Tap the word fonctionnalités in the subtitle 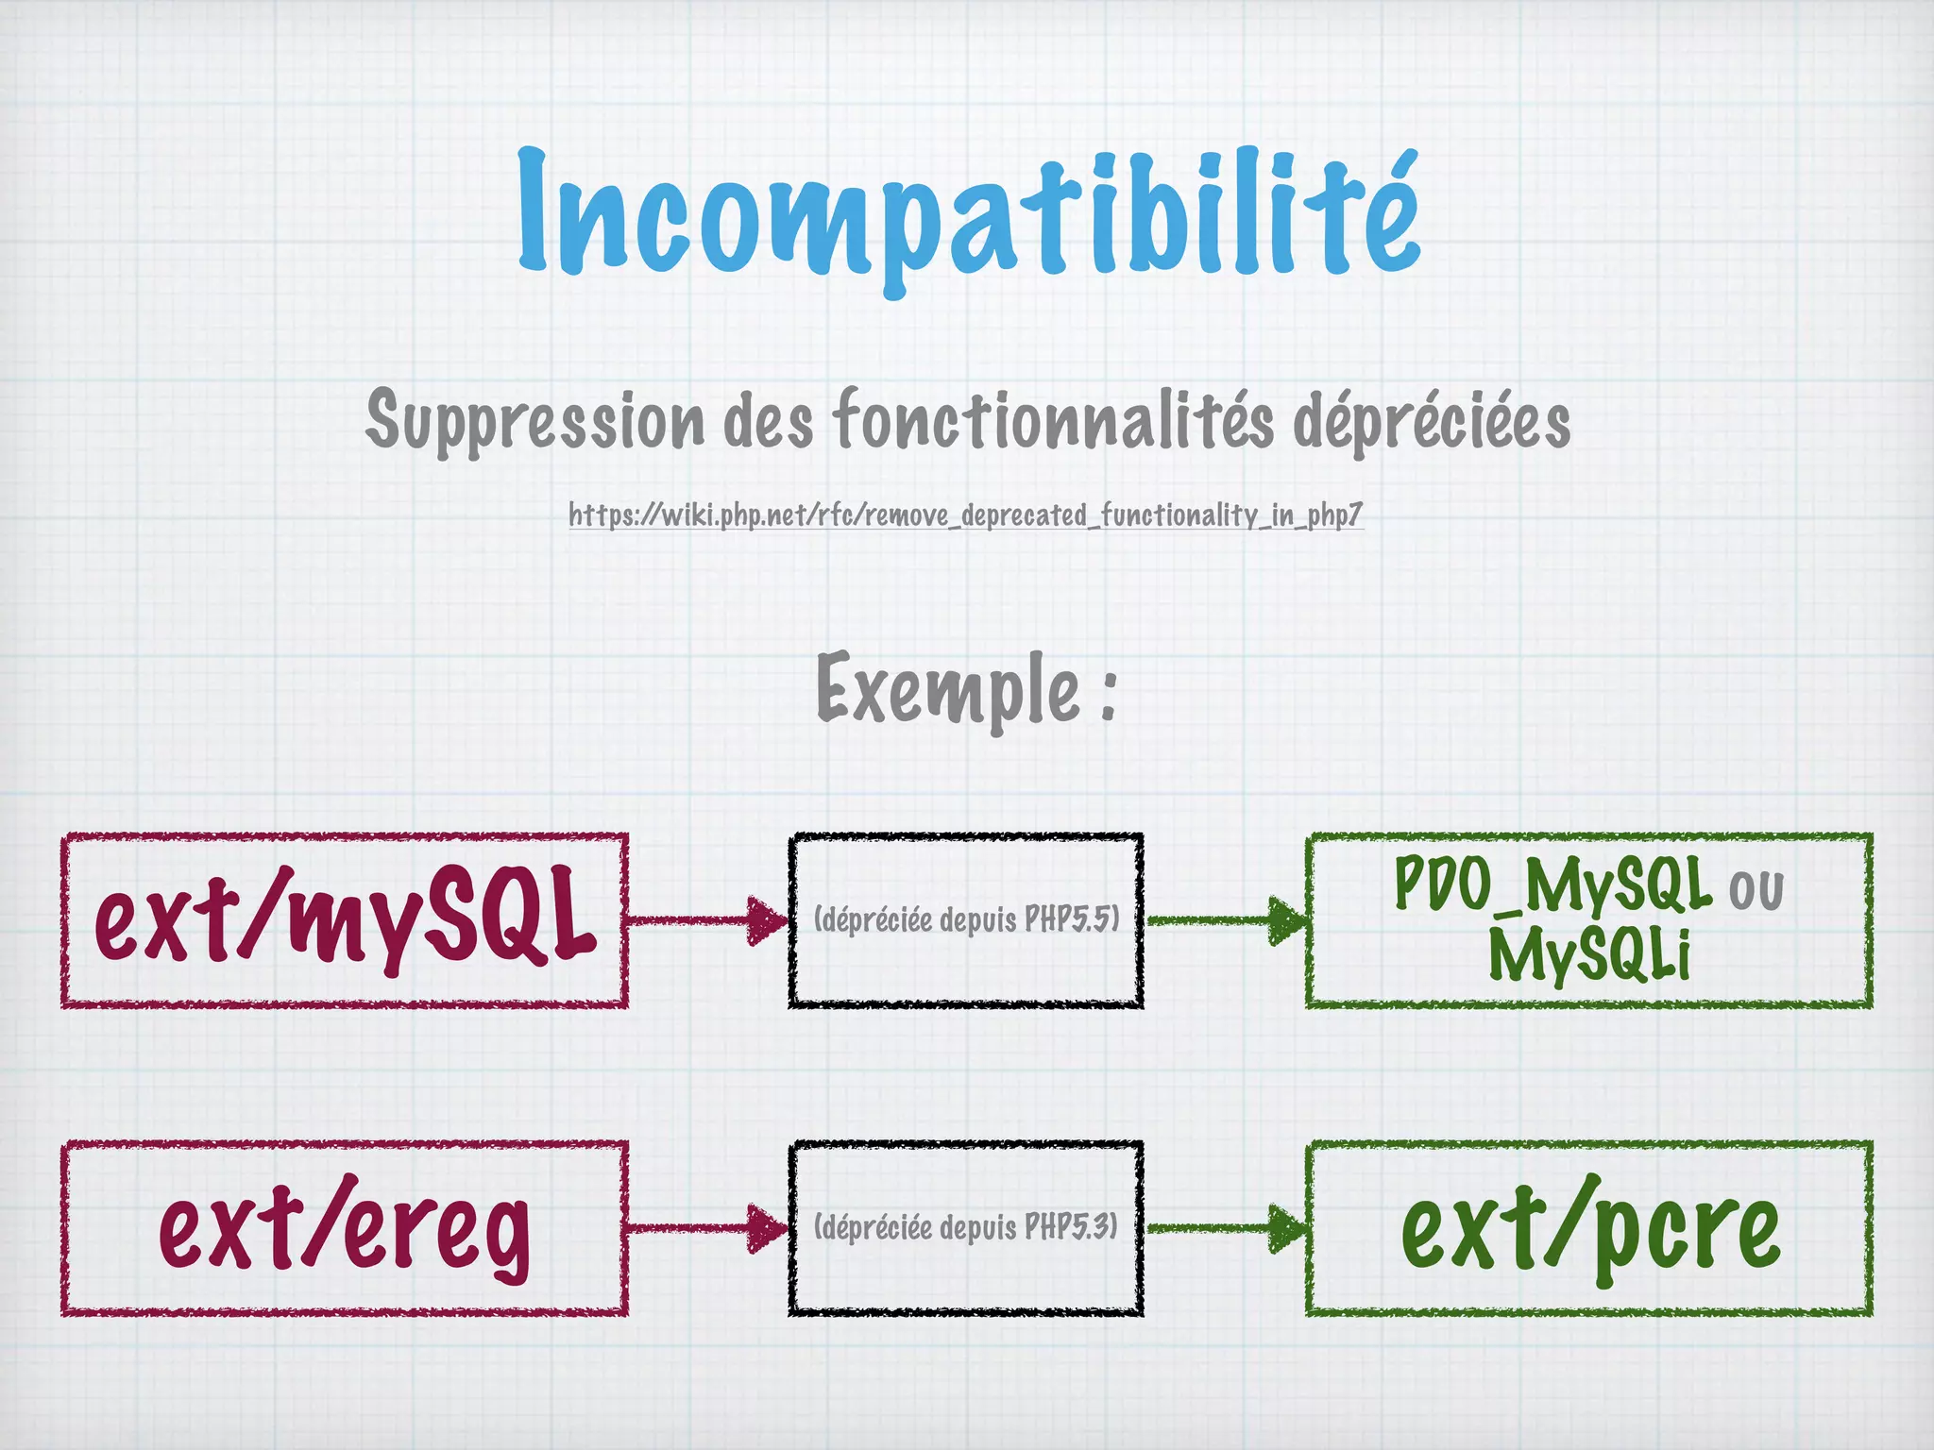(1053, 420)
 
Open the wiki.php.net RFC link (966, 515)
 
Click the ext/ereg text (346, 1228)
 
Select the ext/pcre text (1590, 1228)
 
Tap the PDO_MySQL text (1552, 885)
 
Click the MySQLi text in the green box (1589, 953)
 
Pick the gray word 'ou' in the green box (1756, 890)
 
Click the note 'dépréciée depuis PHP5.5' (966, 919)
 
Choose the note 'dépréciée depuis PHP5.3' (966, 1227)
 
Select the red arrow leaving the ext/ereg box (708, 1228)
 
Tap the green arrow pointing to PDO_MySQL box (1228, 920)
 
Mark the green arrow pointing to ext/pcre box (1228, 1228)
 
